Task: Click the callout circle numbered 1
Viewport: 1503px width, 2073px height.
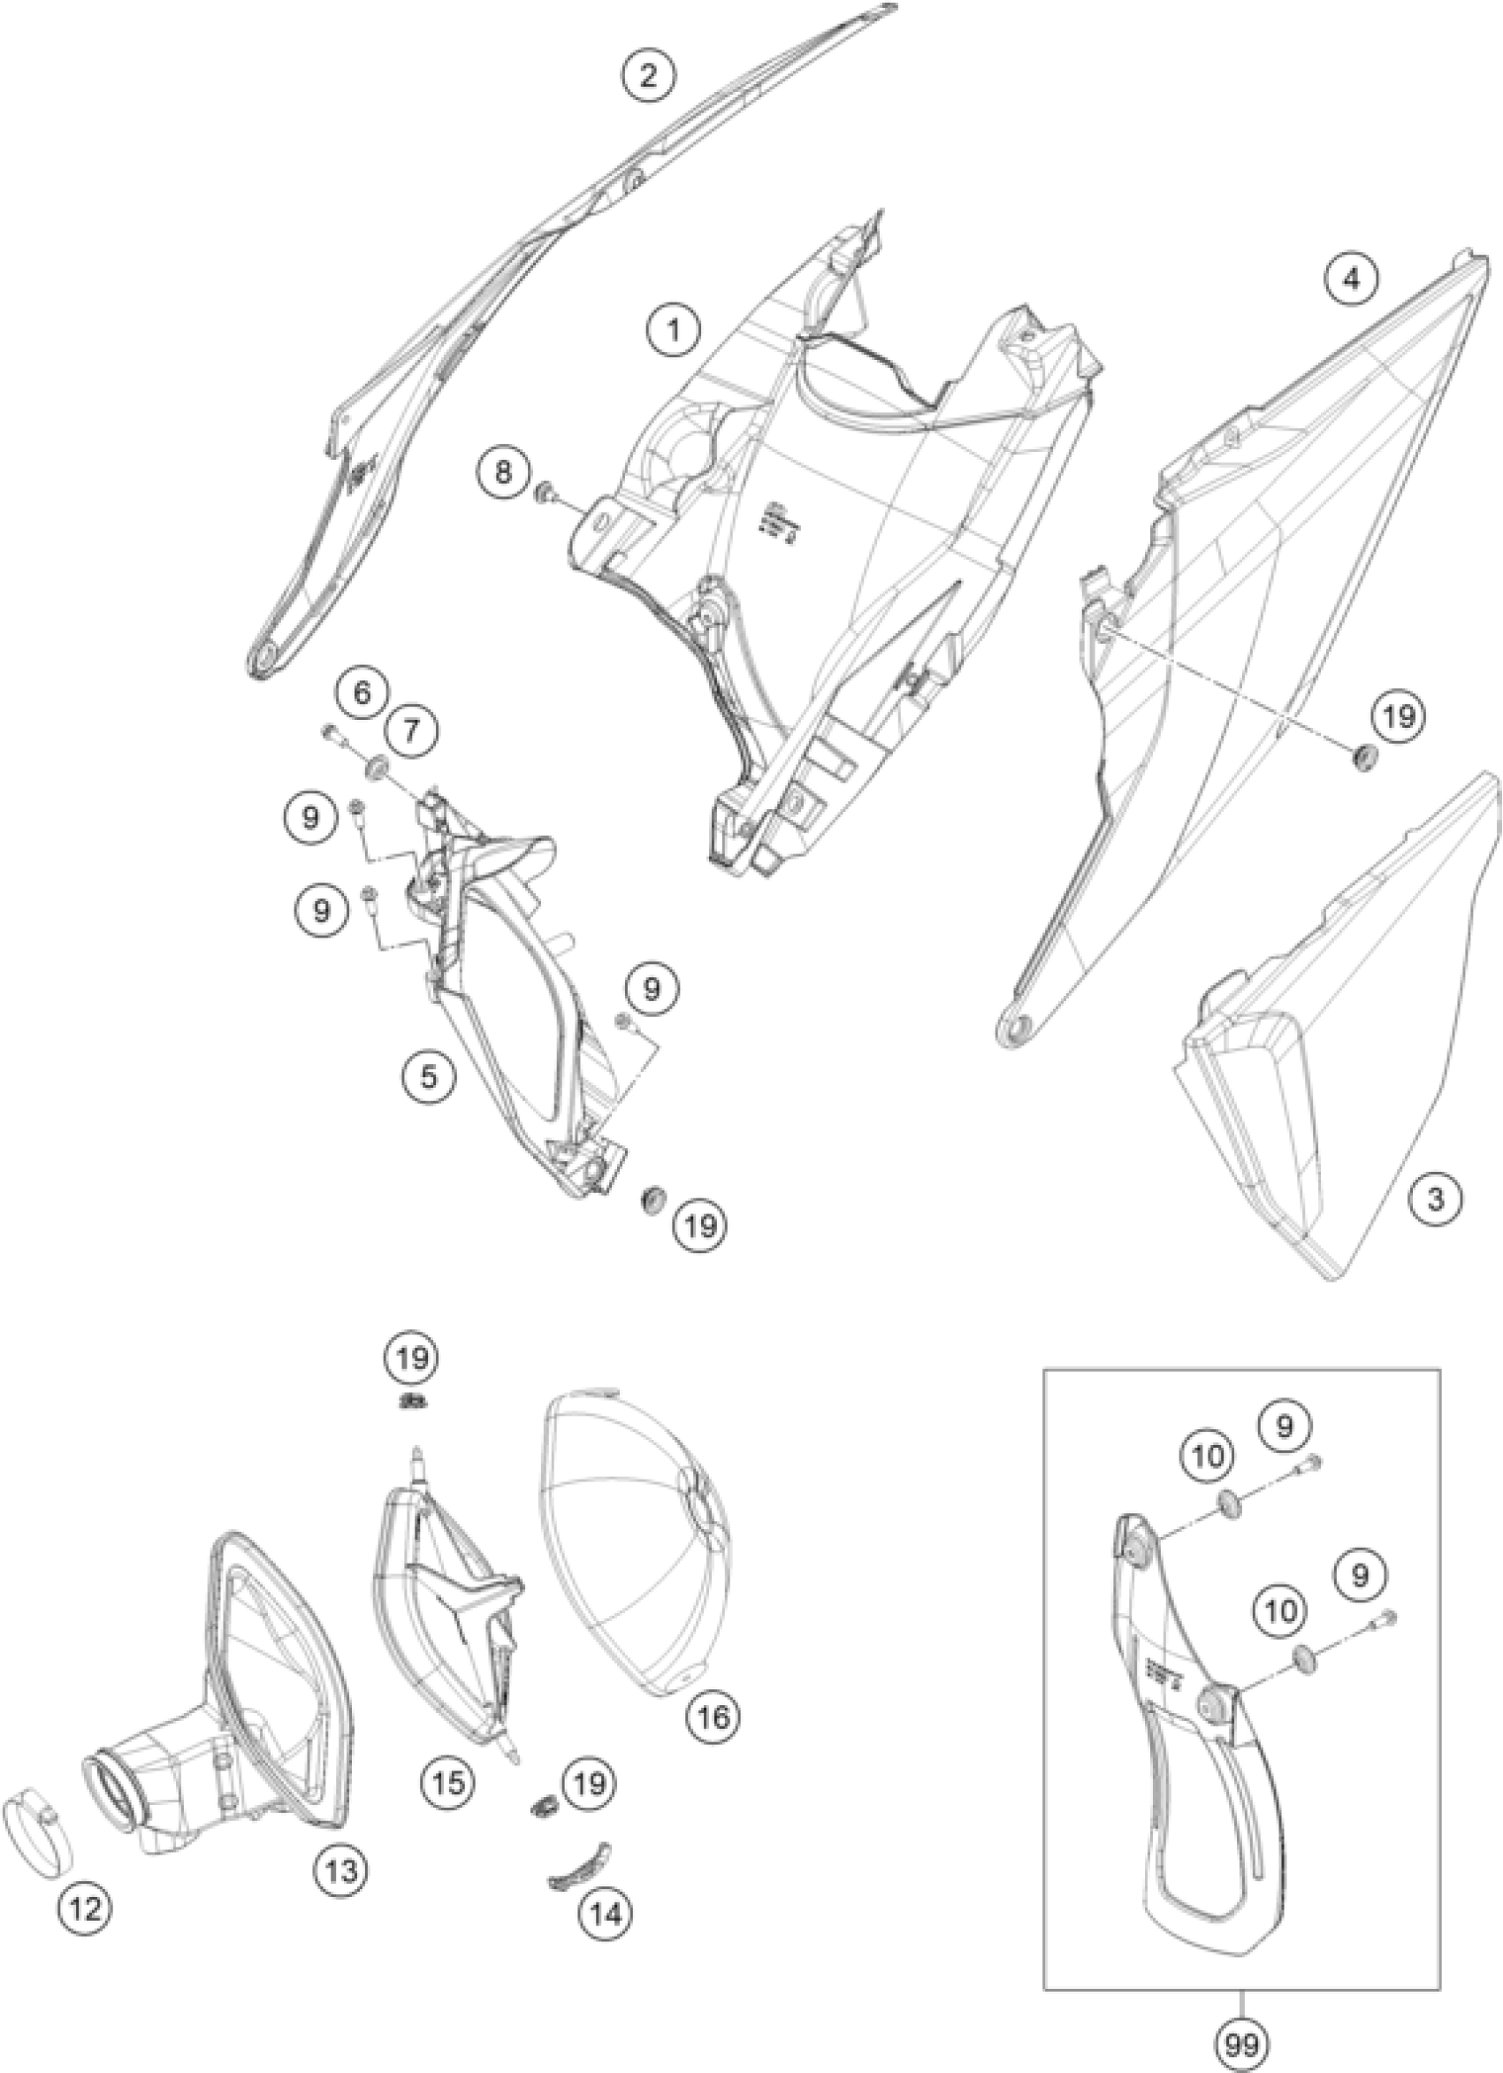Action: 674,329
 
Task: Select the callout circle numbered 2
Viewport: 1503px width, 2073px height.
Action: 648,75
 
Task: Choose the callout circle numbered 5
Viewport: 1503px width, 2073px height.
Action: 429,1075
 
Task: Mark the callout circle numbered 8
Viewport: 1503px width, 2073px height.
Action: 503,471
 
